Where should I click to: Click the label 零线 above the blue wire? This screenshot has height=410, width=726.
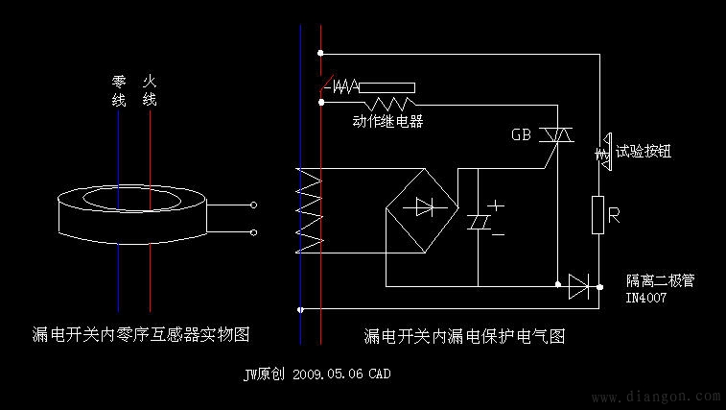[x=119, y=91]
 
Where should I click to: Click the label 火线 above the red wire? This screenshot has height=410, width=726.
[x=150, y=91]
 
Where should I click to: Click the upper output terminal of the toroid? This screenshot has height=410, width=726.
[x=253, y=205]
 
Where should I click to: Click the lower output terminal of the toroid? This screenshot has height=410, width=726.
[x=253, y=233]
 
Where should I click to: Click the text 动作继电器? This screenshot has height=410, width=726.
[x=388, y=122]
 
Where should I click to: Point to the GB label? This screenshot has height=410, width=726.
[x=522, y=135]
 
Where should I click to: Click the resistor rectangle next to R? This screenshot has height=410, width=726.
[x=598, y=215]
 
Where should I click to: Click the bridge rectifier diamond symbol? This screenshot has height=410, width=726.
[x=421, y=205]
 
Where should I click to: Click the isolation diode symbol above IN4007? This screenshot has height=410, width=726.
[x=578, y=284]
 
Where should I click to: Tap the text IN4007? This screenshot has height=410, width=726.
[x=645, y=299]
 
